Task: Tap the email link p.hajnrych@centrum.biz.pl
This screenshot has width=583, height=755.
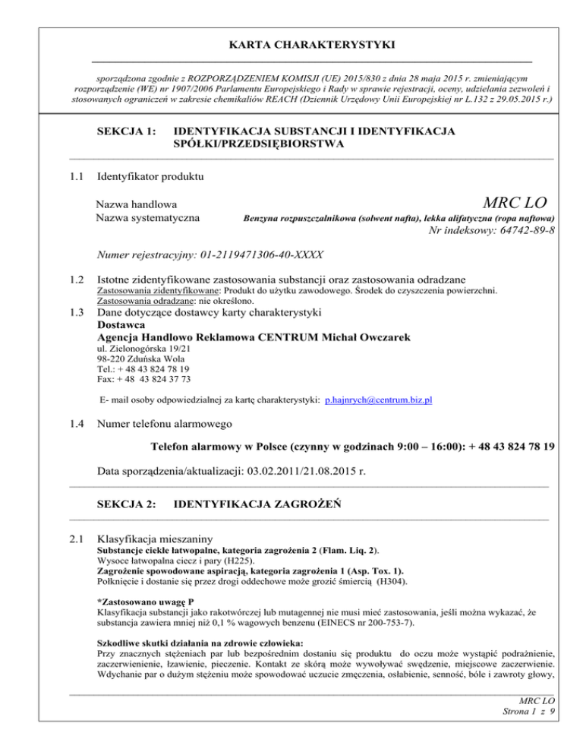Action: [379, 399]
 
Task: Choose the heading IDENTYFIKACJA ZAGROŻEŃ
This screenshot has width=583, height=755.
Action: [260, 503]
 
